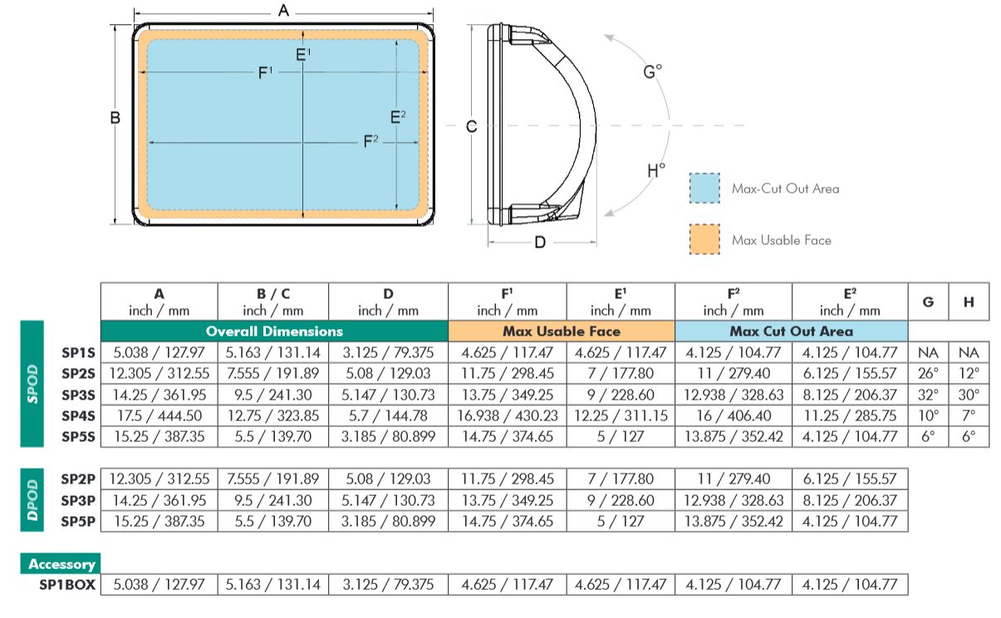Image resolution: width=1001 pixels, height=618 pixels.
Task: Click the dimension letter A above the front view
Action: coord(283,10)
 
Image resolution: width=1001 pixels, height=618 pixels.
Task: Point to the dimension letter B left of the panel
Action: coord(115,117)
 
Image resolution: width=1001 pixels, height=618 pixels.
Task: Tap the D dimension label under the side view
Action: coord(540,243)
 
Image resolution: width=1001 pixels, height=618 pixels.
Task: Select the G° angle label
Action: coord(652,71)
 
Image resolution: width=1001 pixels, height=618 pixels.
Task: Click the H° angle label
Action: coord(656,169)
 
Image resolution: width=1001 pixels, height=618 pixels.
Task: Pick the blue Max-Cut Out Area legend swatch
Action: coord(704,188)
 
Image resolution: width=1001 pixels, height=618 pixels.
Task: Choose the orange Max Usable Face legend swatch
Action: coord(704,239)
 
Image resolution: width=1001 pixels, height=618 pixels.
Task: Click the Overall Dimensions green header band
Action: coord(274,331)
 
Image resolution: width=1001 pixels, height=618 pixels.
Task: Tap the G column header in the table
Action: coord(928,302)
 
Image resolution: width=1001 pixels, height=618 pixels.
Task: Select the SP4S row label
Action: coord(78,416)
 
